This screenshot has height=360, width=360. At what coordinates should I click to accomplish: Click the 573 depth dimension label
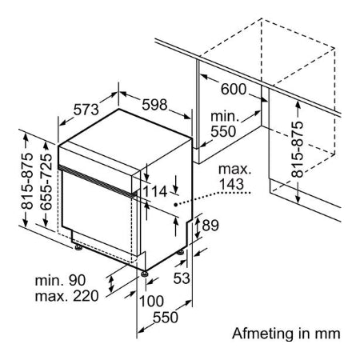coord(86,110)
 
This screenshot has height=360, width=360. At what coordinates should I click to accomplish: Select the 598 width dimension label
coord(154,105)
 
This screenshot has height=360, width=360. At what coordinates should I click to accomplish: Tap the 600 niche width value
coord(234,89)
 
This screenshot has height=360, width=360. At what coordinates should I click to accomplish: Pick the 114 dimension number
coord(155,191)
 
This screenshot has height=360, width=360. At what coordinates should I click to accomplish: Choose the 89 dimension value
coord(210,226)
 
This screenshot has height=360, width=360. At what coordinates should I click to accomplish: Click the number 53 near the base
coord(182,278)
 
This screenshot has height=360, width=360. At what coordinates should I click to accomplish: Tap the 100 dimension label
coord(151,302)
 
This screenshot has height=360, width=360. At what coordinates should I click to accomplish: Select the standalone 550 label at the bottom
coord(166,318)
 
